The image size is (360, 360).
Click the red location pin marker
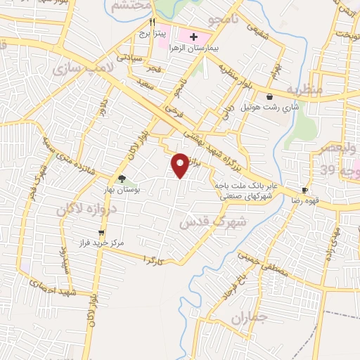pyautogui.click(x=181, y=165)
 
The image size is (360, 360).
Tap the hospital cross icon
pyautogui.click(x=194, y=36)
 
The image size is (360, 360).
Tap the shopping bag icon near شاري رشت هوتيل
pyautogui.click(x=270, y=96)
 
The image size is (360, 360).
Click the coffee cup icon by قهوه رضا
pyautogui.click(x=304, y=190)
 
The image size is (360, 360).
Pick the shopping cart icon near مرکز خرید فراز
pyautogui.click(x=102, y=232)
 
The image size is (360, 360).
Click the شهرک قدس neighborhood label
pyautogui.click(x=213, y=221)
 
